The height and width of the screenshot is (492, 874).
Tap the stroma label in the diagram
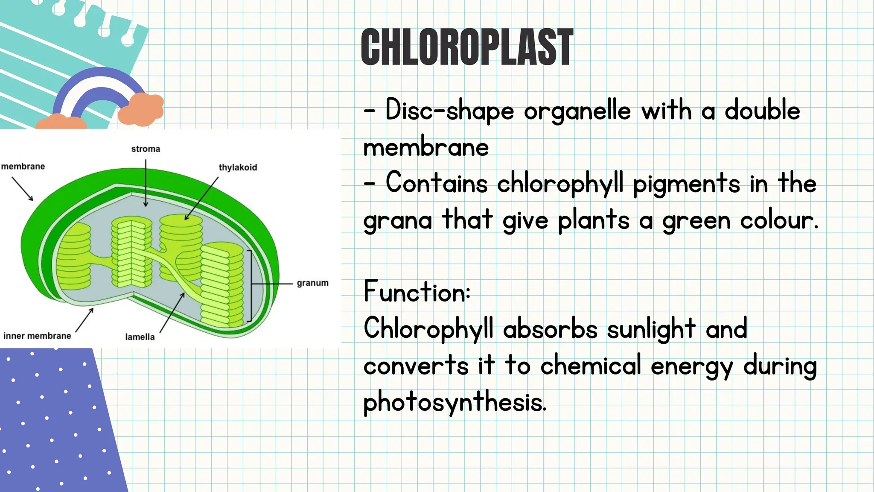(146, 149)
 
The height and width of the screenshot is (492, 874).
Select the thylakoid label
(238, 167)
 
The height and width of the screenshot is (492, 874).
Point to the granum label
(312, 283)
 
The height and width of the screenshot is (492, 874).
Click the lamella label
(140, 337)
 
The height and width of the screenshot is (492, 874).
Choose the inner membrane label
(37, 336)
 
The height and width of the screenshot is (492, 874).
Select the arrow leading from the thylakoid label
(201, 199)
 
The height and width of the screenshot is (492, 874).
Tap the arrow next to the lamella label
(172, 313)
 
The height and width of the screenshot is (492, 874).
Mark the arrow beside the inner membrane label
(84, 320)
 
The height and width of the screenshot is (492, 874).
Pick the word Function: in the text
(417, 292)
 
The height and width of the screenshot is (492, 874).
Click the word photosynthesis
(454, 403)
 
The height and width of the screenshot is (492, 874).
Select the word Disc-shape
(450, 111)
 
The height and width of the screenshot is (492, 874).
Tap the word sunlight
(651, 330)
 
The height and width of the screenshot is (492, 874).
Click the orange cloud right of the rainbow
(141, 110)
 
